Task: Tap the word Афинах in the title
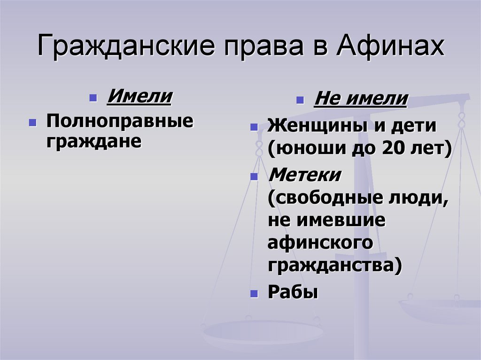(x=389, y=47)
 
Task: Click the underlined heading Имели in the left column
(x=140, y=97)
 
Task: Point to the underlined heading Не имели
(x=360, y=100)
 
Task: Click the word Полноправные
(x=119, y=122)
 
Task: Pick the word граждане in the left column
(x=93, y=141)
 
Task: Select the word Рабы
(x=293, y=292)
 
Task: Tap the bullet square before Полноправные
(x=32, y=123)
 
